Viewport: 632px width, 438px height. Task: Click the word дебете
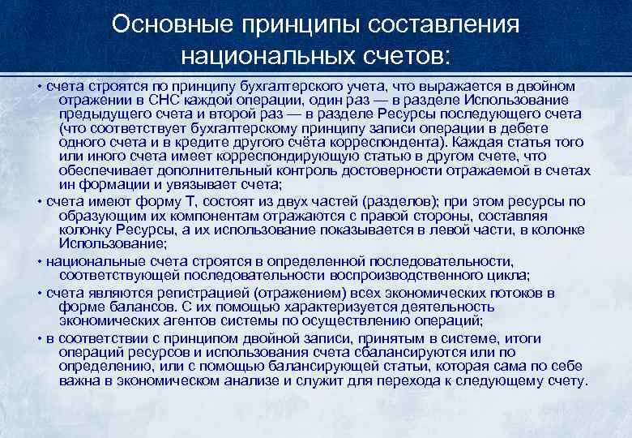pyautogui.click(x=529, y=128)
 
